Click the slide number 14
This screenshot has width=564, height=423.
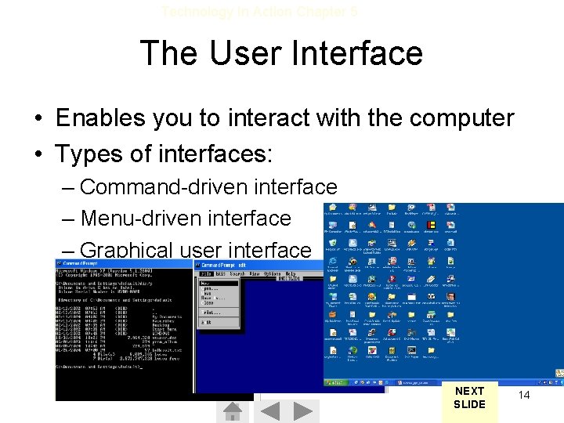(524, 395)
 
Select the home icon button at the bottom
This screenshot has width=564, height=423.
(233, 411)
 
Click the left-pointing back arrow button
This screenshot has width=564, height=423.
(270, 411)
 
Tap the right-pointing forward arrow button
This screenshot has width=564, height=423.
(305, 411)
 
